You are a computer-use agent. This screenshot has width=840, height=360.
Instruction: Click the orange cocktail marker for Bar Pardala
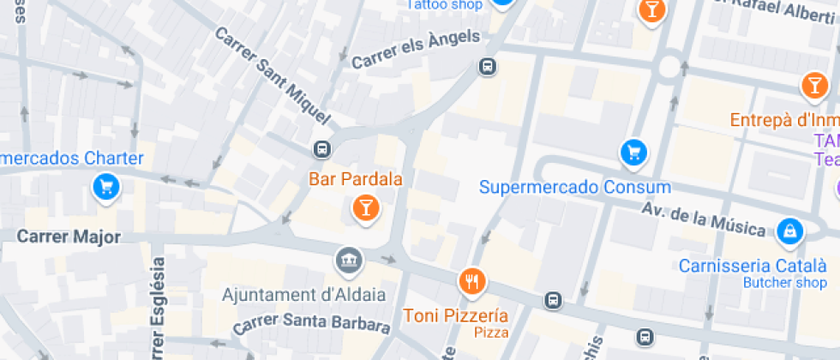pyautogui.click(x=366, y=207)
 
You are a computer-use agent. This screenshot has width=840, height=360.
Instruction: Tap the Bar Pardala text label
pyautogui.click(x=355, y=180)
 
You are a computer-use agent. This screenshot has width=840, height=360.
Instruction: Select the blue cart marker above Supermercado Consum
pyautogui.click(x=633, y=153)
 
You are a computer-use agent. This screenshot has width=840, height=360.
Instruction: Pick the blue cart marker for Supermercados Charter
pyautogui.click(x=106, y=186)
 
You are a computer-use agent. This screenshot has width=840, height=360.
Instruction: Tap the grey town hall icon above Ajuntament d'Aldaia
pyautogui.click(x=350, y=259)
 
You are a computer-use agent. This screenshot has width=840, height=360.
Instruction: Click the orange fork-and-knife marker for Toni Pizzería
pyautogui.click(x=471, y=279)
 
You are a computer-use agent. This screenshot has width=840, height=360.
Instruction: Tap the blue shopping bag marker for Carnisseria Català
pyautogui.click(x=789, y=230)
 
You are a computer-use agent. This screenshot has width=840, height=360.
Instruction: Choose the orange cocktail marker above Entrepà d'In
pyautogui.click(x=813, y=85)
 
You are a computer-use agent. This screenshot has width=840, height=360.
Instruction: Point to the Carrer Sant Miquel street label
pyautogui.click(x=273, y=74)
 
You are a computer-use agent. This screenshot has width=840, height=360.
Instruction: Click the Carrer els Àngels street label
pyautogui.click(x=416, y=50)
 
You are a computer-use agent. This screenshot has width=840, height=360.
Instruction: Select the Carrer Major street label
pyautogui.click(x=69, y=237)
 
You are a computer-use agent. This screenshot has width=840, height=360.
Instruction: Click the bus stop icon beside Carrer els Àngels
pyautogui.click(x=488, y=66)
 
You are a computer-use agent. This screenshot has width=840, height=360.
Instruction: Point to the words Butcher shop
pyautogui.click(x=784, y=283)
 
